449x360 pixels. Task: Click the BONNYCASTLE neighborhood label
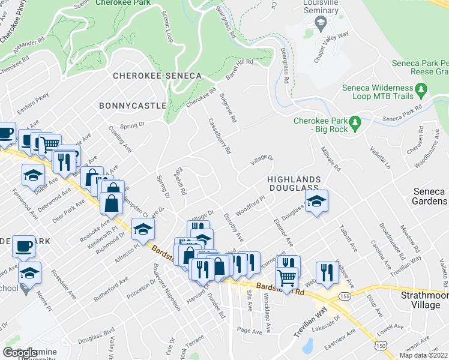click(132, 106)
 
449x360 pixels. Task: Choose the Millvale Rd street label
click(330, 158)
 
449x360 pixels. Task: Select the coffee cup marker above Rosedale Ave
click(25, 247)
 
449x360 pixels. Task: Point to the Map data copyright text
click(423, 355)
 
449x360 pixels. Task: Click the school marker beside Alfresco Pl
click(143, 229)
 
